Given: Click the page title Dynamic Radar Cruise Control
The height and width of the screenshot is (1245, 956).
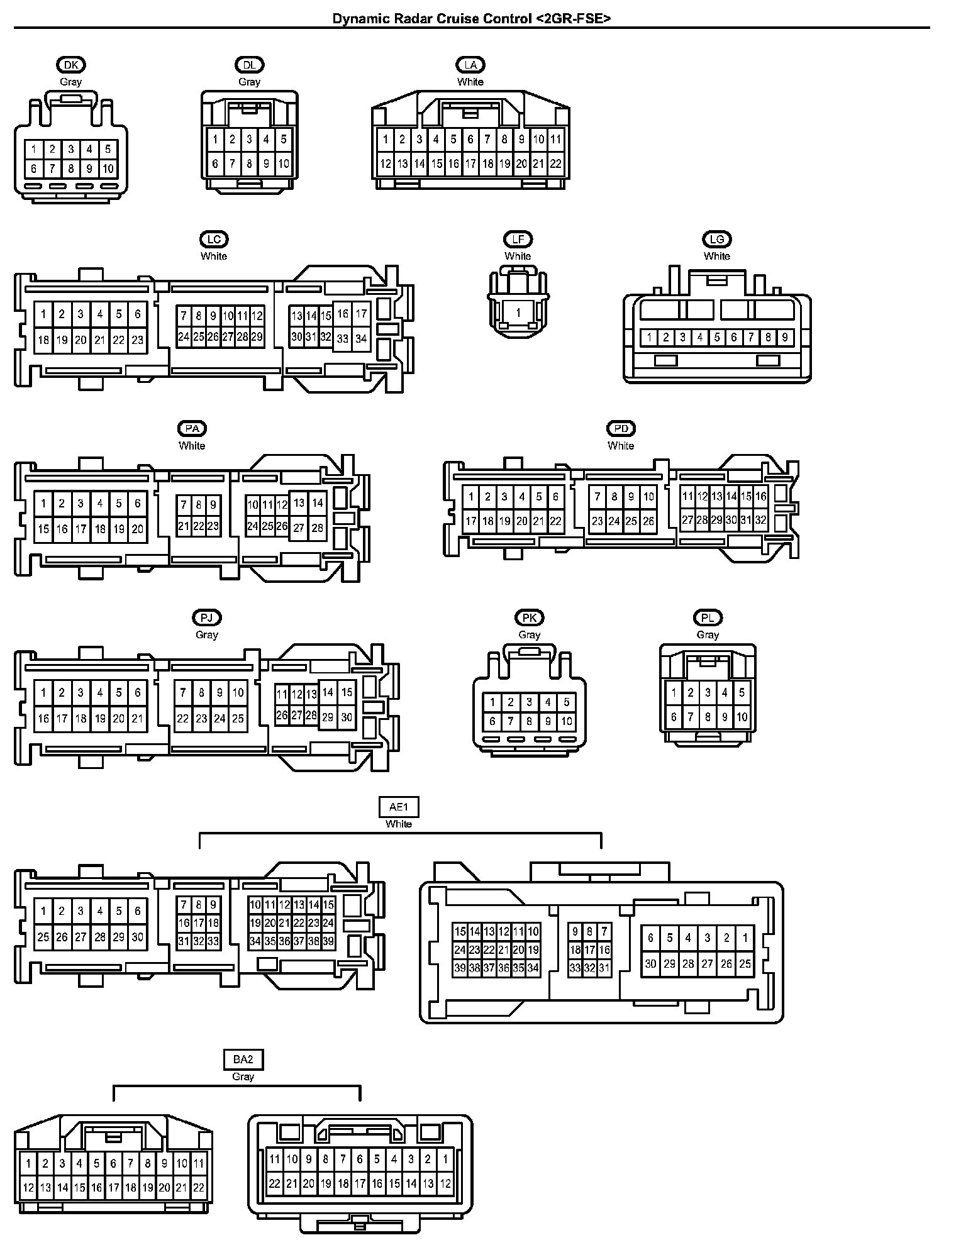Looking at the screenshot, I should (x=471, y=19).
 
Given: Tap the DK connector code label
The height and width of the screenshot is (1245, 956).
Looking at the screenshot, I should (x=71, y=64).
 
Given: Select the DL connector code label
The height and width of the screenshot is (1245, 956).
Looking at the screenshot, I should (x=249, y=64).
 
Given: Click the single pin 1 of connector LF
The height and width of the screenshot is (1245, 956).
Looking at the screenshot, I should (x=518, y=313).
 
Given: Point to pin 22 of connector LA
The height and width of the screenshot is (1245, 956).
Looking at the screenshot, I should (x=555, y=164).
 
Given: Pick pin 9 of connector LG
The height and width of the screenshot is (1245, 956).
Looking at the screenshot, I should (x=784, y=338).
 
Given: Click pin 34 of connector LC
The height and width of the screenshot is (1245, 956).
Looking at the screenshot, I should (x=360, y=338).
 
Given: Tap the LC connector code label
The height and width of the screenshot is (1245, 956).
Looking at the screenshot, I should (x=214, y=239).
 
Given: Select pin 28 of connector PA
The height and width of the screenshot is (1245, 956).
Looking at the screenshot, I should (x=317, y=528).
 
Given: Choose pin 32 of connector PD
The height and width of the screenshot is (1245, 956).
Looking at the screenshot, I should (x=761, y=521).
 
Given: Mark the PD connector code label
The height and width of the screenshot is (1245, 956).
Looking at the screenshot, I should (x=621, y=428).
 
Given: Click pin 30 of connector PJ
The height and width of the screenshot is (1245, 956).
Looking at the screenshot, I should (x=346, y=717).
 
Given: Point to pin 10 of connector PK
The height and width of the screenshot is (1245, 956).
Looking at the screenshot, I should (x=566, y=721).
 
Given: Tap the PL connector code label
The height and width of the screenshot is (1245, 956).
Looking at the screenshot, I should (x=708, y=617).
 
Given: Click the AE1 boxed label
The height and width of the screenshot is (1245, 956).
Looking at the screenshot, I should (x=399, y=807).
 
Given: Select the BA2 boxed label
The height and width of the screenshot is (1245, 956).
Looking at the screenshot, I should (x=243, y=1060).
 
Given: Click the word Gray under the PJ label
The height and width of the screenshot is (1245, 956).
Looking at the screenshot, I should (x=207, y=634).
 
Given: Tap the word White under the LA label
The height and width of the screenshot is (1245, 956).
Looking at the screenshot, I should (x=470, y=82).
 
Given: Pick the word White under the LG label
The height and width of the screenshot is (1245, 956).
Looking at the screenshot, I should (x=717, y=256).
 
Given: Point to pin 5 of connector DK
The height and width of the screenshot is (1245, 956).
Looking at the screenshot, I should (x=108, y=149).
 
